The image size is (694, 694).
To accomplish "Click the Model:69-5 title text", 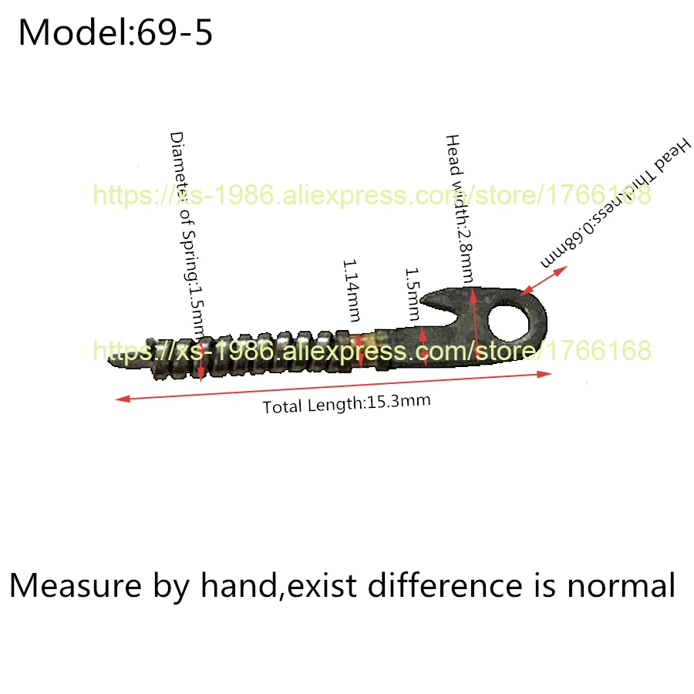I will tap(116, 33).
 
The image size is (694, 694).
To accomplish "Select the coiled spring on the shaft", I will tap(254, 351).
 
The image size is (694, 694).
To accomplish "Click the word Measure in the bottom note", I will tap(70, 586).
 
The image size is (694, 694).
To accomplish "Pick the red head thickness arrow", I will tap(544, 280).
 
